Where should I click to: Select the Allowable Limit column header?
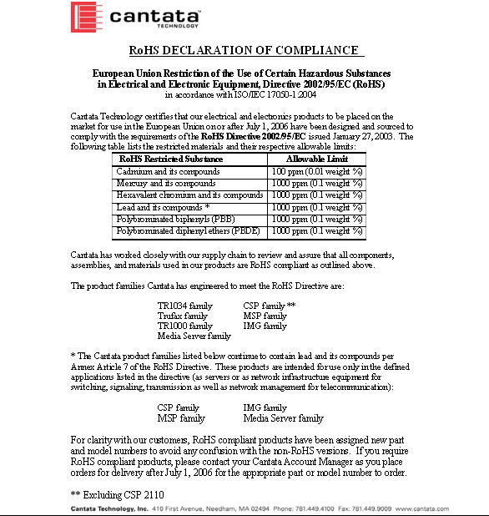pyautogui.click(x=318, y=159)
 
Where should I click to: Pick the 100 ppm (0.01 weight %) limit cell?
pyautogui.click(x=318, y=171)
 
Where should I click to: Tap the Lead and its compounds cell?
pyautogui.click(x=163, y=206)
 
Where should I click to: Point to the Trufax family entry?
pyautogui.click(x=183, y=316)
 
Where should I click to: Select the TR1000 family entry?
pyautogui.click(x=185, y=326)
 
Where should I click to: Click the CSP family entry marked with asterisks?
pyautogui.click(x=269, y=306)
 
